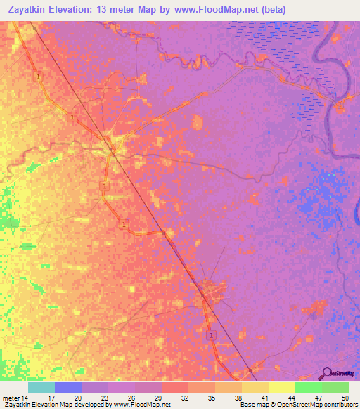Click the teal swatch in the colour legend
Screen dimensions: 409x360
(x=41, y=387)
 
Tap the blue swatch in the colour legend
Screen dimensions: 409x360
(x=68, y=387)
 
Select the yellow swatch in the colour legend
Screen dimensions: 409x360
(x=282, y=387)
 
